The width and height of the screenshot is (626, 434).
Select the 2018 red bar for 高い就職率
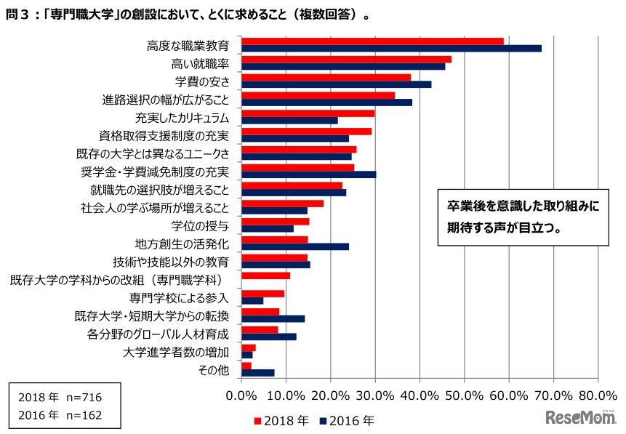tap(346, 60)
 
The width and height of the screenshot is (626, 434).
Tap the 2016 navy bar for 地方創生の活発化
tap(295, 246)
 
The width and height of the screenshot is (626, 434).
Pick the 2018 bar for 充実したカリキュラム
tap(308, 113)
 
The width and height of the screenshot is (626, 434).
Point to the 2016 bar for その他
tap(258, 373)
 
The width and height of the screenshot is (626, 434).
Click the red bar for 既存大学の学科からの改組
tap(265, 276)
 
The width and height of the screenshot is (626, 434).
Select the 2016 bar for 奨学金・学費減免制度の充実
tap(308, 174)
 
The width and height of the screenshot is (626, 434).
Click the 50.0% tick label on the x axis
tap(464, 397)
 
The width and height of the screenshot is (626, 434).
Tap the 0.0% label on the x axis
tap(241, 397)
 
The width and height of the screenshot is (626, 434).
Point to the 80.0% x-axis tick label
tap(598, 397)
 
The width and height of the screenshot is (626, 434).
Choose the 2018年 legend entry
tap(279, 420)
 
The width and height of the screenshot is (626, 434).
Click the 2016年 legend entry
tap(347, 420)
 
